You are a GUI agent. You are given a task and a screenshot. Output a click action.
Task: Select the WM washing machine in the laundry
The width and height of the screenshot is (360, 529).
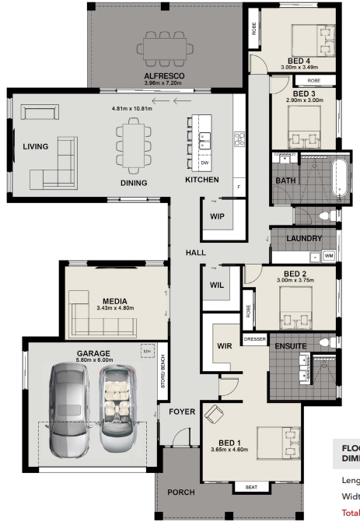pyautogui.click(x=329, y=255)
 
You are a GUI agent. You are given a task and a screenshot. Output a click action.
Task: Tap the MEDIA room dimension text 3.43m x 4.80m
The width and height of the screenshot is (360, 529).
pyautogui.click(x=114, y=308)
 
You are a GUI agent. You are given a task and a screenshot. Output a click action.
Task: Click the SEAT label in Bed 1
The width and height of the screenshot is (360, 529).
pyautogui.click(x=251, y=488)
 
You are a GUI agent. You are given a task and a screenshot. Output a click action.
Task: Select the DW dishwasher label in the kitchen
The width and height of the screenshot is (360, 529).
pyautogui.click(x=204, y=163)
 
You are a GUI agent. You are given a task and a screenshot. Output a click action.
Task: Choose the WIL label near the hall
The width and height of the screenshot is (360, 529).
pyautogui.click(x=217, y=286)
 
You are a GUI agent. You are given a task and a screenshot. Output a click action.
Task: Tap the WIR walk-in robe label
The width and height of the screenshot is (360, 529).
pyautogui.click(x=225, y=345)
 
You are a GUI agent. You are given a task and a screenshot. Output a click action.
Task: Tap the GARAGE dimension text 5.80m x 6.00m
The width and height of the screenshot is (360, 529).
pyautogui.click(x=93, y=361)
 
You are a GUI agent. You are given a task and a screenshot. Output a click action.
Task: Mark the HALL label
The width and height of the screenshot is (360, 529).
pyautogui.click(x=194, y=254)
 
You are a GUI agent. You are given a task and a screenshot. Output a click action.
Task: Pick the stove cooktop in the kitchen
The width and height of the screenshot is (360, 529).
pyautogui.click(x=239, y=139)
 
